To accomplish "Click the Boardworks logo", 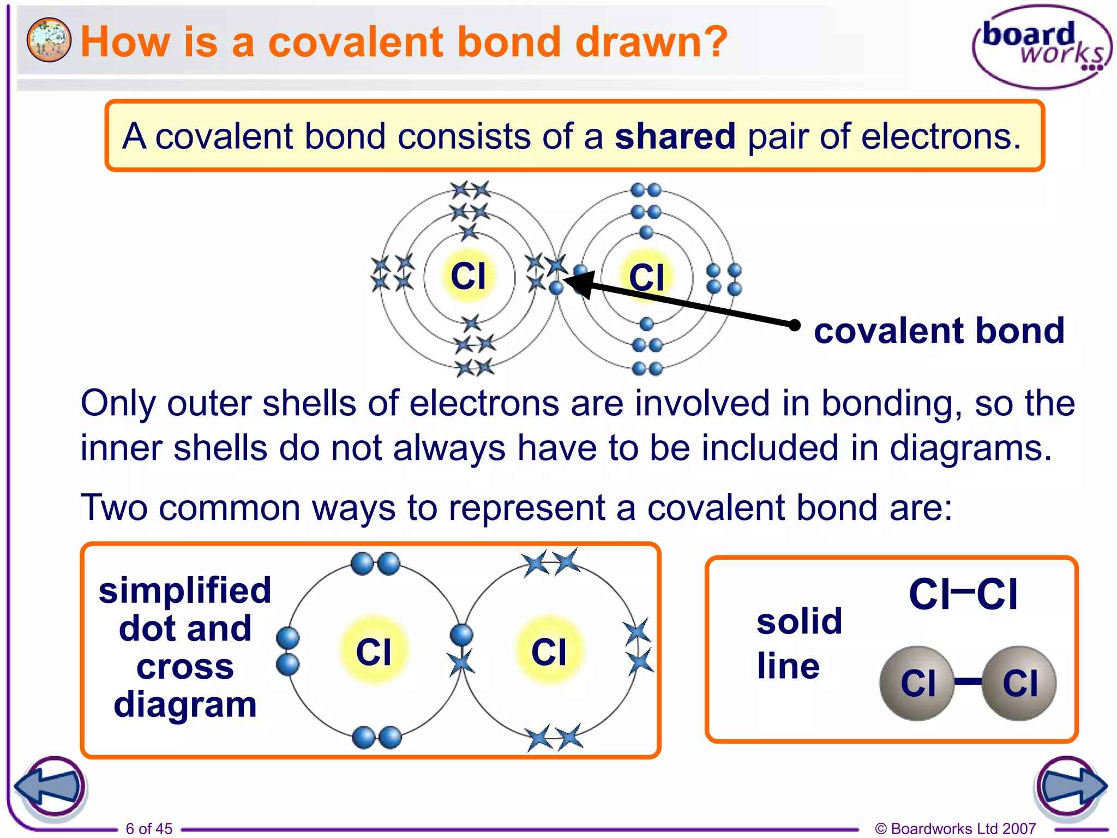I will coord(1042,47).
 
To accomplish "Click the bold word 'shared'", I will coord(675,136).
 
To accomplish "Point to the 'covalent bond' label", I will coord(939,331).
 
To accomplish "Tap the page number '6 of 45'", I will coord(149,828).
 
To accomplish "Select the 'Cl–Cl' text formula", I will coord(963,594).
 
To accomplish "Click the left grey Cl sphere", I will coord(917,683).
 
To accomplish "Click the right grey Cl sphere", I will coord(1019,683).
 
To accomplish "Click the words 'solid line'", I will coord(799,644).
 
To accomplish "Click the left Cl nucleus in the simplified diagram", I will coord(374,651).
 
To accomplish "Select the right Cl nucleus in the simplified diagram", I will coord(549,651).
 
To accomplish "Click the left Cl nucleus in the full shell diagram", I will coord(469,276).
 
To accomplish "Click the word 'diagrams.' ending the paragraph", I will coord(970,448).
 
